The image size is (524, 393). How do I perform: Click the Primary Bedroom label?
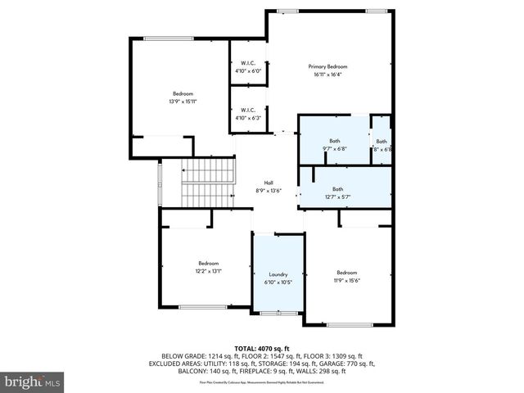point(327,66)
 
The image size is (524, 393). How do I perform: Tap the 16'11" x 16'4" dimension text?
point(327,75)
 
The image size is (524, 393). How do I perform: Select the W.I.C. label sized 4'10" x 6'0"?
point(248,63)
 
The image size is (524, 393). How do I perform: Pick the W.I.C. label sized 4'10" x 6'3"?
point(248,110)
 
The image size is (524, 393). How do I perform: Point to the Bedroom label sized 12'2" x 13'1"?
point(208,263)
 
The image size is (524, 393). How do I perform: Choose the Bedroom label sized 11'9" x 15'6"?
point(347,272)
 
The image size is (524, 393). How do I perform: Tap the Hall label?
point(269,183)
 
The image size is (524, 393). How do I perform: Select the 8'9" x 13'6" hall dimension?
point(269,191)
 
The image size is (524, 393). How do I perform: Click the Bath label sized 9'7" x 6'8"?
point(335,141)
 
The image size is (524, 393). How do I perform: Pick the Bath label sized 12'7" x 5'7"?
point(337,189)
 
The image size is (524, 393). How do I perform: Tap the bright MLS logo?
point(32,382)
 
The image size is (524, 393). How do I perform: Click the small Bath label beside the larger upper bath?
point(382,142)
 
